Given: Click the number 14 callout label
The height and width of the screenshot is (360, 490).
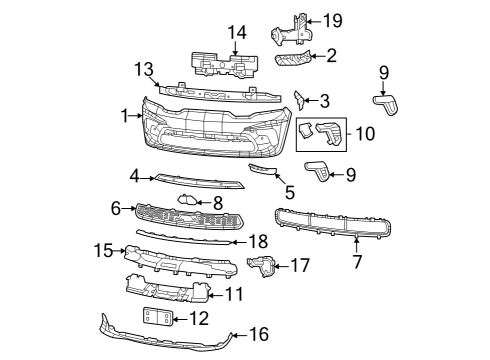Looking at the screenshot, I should click(235, 33).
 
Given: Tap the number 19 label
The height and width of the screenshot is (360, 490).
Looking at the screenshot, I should click(332, 20).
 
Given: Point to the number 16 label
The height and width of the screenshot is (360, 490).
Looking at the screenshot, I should click(259, 335).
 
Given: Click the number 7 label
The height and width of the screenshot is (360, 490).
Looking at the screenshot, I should click(357, 262).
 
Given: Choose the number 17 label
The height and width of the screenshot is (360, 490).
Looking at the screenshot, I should click(301, 265).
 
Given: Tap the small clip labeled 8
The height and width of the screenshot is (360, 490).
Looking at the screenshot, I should click(187, 201).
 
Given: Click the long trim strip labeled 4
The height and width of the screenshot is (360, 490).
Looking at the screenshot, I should click(200, 181).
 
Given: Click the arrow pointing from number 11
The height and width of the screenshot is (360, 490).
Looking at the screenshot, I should click(211, 294).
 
